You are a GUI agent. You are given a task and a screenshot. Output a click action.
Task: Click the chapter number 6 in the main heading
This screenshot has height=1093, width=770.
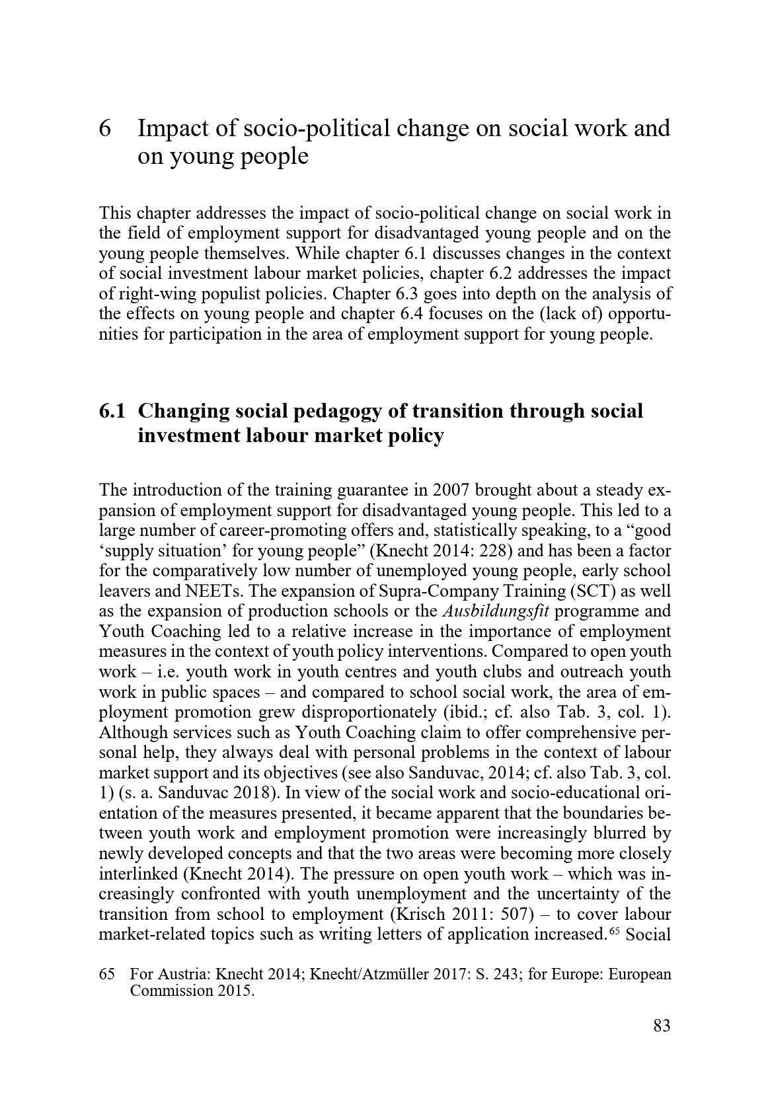tap(104, 128)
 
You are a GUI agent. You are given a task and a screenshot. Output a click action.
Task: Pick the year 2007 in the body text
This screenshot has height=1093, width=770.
tap(451, 490)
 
